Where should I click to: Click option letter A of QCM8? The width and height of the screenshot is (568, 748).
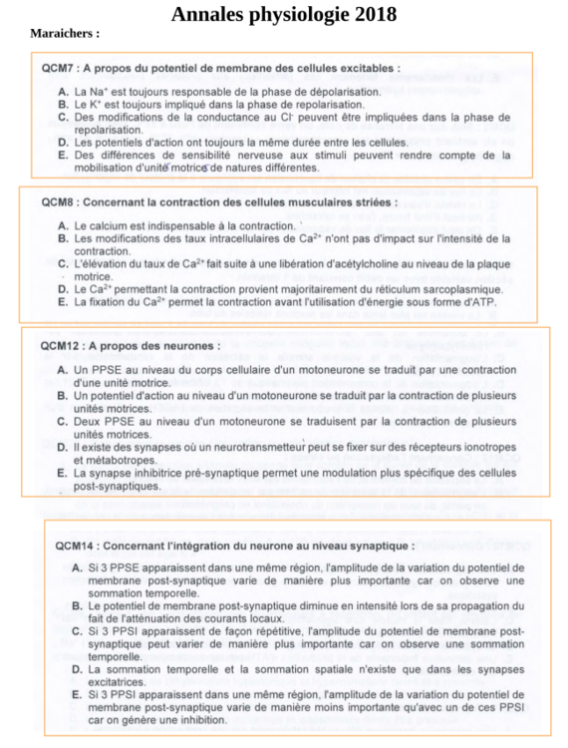[x=63, y=225]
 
